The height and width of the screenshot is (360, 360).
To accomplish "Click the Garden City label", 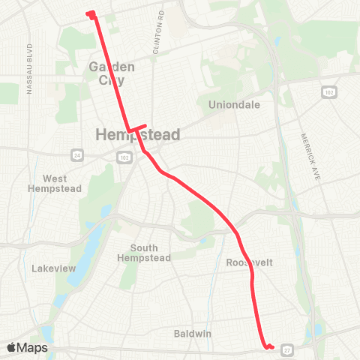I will click(112, 73).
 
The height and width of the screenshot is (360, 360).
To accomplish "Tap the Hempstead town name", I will click(138, 136).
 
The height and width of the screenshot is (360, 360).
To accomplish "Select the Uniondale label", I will click(234, 105).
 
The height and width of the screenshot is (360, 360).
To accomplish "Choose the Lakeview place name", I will click(51, 268).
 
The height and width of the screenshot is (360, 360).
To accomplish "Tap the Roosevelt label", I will click(249, 262).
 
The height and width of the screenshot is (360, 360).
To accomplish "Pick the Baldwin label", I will click(194, 332).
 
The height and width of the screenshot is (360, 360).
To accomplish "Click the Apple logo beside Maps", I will click(13, 347).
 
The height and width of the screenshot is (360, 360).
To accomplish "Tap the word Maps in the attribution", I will click(33, 348).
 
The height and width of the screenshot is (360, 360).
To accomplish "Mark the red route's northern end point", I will click(90, 13).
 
